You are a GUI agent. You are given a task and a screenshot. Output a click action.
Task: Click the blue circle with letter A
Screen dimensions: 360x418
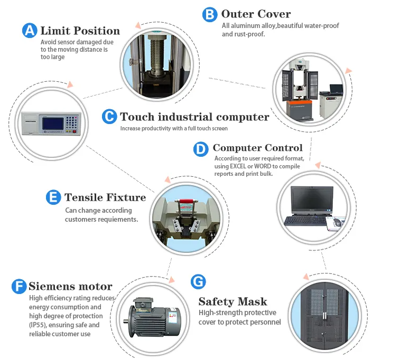pos(30,31)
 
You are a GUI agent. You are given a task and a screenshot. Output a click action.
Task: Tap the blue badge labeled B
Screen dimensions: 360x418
pos(210,14)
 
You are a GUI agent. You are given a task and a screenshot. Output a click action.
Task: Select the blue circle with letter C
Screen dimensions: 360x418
pos(109,117)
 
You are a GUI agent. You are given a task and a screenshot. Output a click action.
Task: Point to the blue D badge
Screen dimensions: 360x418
pos(201,149)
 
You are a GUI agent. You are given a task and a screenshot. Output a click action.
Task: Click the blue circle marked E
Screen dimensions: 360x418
pos(53,197)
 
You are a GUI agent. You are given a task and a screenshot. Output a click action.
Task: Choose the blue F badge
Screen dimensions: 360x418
pos(18,287)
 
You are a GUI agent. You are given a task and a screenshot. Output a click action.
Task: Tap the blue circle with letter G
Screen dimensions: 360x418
pos(198,281)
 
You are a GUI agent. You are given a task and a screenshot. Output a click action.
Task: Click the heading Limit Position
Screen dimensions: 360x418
pos(80,31)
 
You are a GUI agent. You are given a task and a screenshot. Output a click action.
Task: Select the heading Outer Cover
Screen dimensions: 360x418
pos(256,14)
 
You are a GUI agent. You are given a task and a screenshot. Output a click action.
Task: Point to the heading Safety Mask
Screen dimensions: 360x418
pos(233,302)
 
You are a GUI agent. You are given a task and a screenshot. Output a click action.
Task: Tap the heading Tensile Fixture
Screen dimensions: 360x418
pos(105,197)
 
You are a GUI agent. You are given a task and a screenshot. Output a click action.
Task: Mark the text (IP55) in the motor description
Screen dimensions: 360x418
pos(39,325)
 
